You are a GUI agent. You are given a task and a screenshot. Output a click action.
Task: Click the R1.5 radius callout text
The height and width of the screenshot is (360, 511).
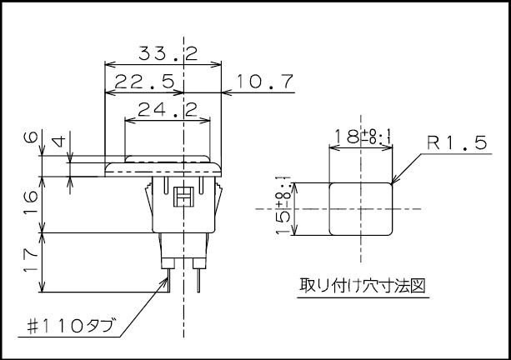[x=457, y=143]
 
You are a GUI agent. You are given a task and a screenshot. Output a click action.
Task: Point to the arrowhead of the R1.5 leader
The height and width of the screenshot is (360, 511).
[x=393, y=182]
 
